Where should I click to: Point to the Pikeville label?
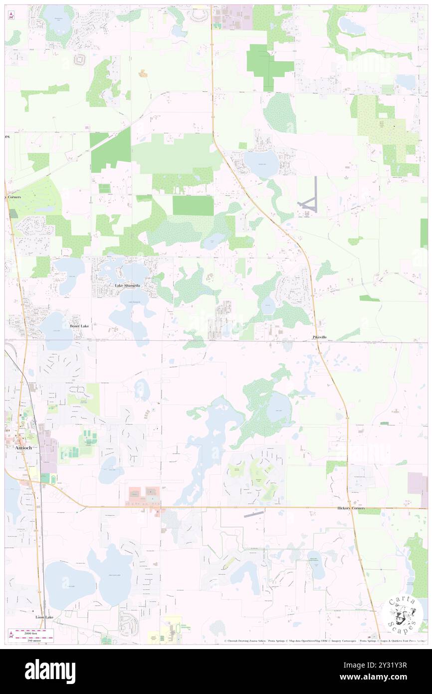320,338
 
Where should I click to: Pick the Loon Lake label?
44,617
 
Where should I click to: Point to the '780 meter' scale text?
34,639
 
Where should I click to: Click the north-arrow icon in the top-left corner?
11,15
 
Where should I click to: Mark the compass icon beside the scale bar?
11,634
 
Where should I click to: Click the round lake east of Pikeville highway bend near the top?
261,163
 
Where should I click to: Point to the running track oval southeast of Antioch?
45,478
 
